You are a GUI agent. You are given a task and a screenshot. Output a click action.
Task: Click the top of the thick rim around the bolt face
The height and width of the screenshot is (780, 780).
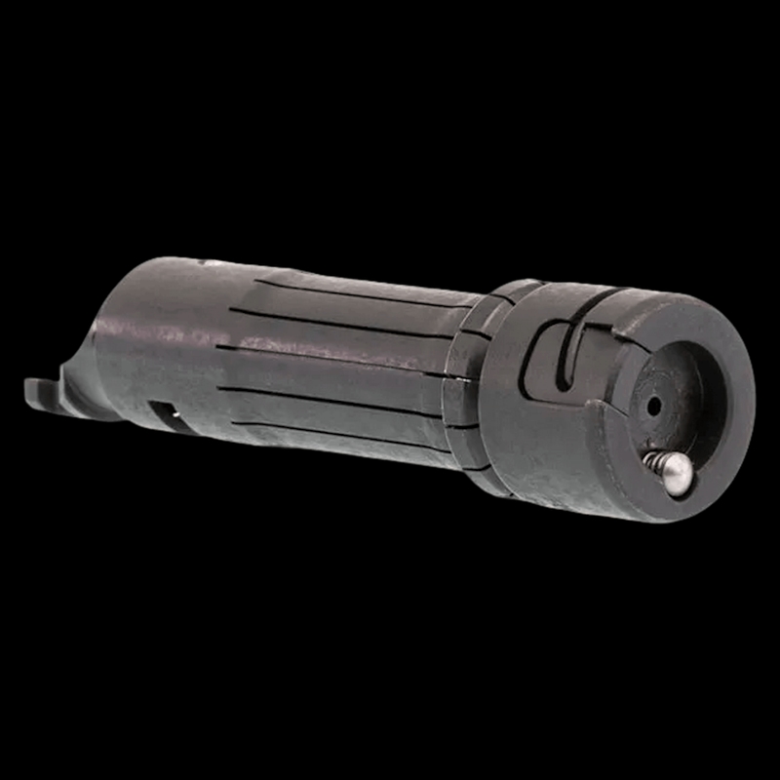click(x=682, y=310)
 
